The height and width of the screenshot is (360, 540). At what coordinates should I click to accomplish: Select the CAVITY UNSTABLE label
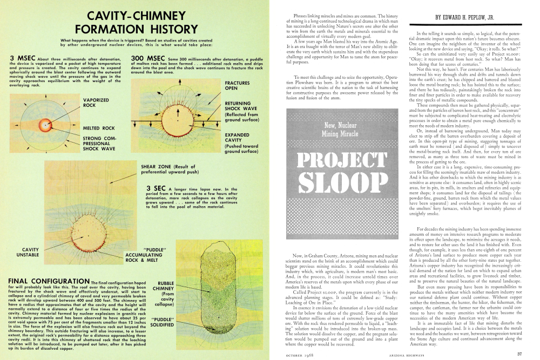[28, 252]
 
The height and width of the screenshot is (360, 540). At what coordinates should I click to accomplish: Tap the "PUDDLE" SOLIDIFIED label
[164, 322]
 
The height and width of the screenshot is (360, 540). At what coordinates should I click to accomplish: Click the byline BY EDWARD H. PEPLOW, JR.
[467, 17]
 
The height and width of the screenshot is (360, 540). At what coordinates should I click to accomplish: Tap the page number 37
[519, 354]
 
